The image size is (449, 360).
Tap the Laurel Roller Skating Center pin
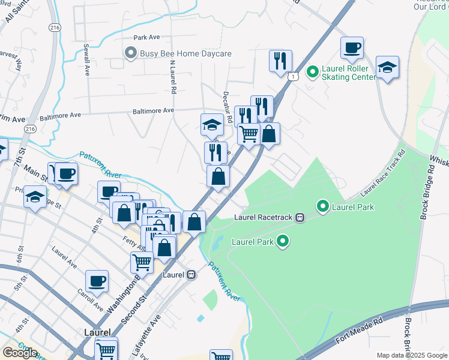pyautogui.click(x=312, y=73)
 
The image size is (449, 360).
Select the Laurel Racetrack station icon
pyautogui.click(x=300, y=218)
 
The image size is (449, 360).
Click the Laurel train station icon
pyautogui.click(x=191, y=275)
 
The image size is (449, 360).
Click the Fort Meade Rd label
pyautogui.click(x=358, y=332)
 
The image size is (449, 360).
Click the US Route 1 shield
pyautogui.click(x=292, y=77)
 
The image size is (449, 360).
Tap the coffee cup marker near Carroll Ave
pyautogui.click(x=97, y=281)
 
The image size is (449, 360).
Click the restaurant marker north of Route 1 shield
pyautogui.click(x=280, y=61)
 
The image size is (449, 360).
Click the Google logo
pyautogui.click(x=20, y=353)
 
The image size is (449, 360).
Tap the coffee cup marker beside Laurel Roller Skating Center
pyautogui.click(x=352, y=48)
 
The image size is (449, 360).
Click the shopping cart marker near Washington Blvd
pyautogui.click(x=142, y=262)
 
